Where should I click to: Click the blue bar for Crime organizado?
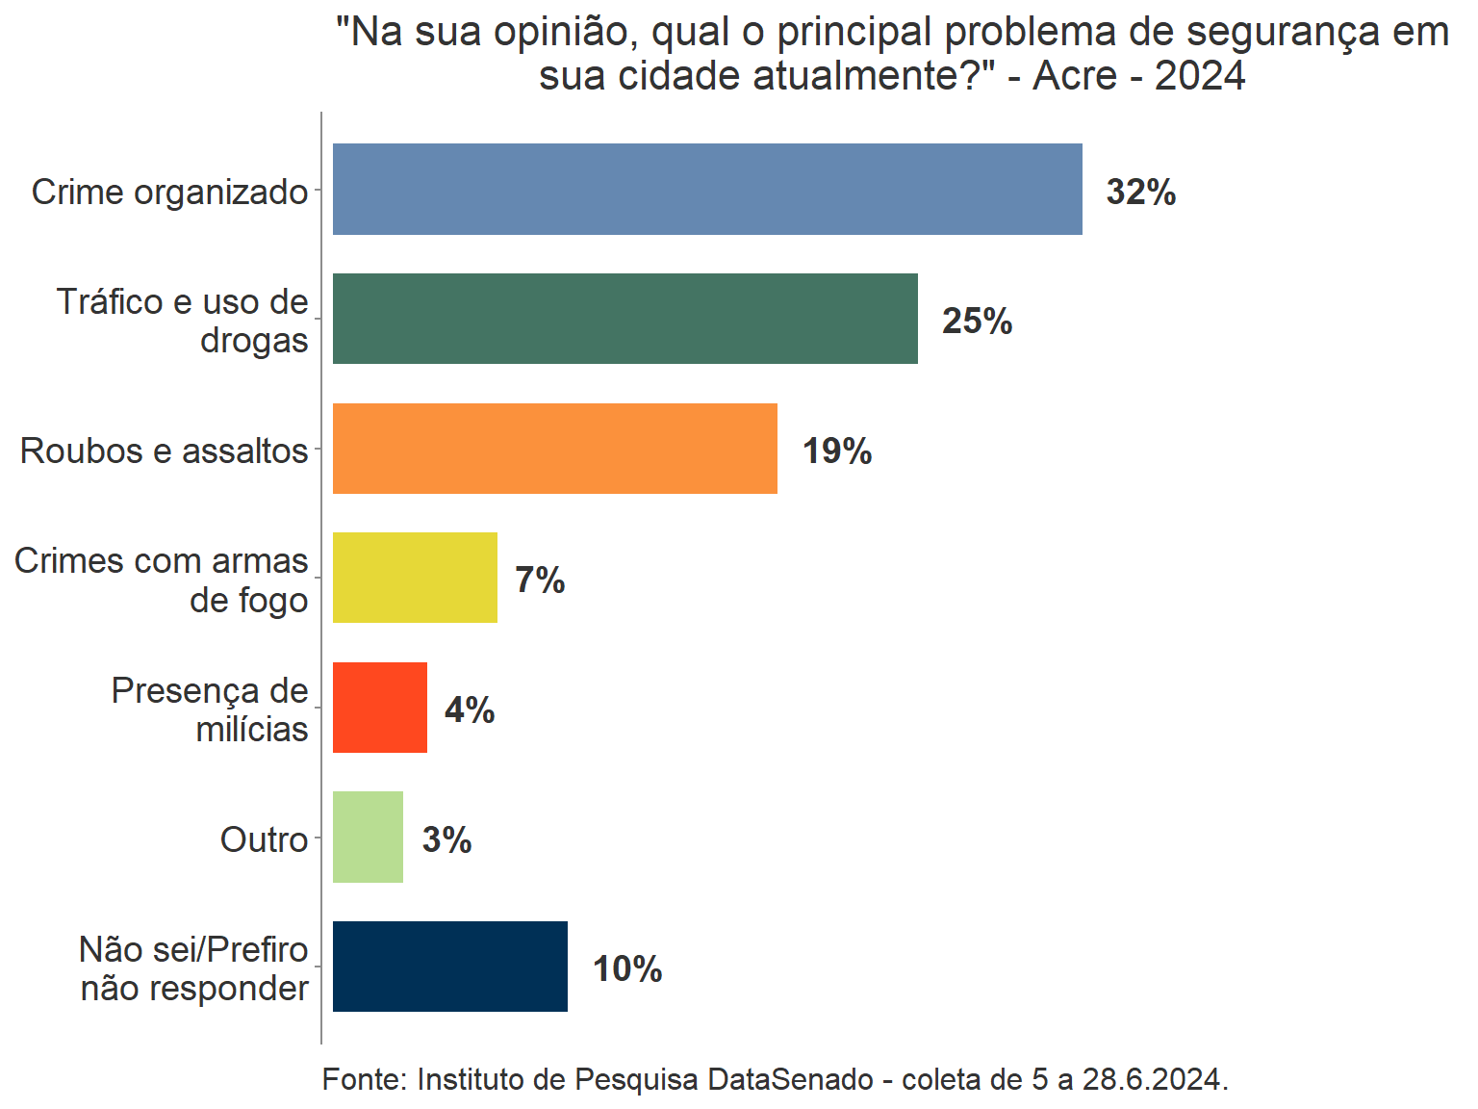click(707, 190)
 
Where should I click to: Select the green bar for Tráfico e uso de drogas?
click(625, 319)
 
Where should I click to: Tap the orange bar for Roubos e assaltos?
click(555, 449)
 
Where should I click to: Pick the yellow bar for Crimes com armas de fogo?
click(415, 578)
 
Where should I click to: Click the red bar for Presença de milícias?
click(380, 708)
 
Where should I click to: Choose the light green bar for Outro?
click(368, 838)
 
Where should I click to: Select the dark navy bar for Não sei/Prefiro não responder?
click(450, 967)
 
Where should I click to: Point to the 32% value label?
click(1141, 193)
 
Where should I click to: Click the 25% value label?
click(977, 322)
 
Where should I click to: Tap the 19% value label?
click(837, 451)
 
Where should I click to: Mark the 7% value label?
click(540, 580)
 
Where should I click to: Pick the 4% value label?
click(470, 710)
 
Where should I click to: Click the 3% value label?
click(446, 839)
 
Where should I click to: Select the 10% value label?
click(627, 969)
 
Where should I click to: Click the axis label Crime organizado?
click(169, 192)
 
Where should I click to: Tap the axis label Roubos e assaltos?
click(164, 451)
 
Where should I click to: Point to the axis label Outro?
click(264, 839)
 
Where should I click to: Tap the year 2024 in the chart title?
click(1200, 76)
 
